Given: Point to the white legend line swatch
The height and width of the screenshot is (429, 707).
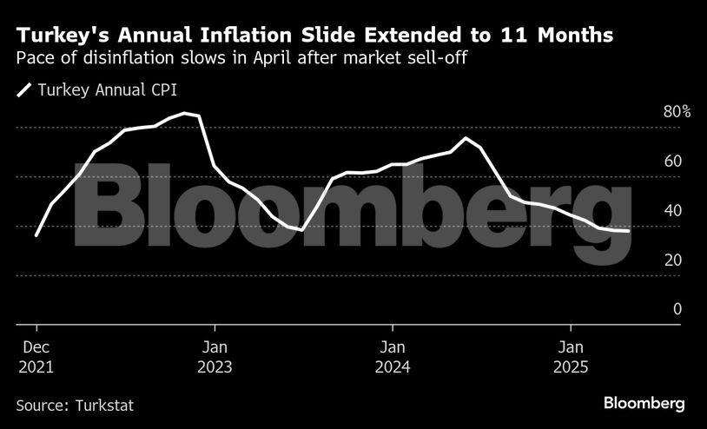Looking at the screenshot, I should tap(24, 89).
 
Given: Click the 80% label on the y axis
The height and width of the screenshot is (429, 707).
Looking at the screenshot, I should tap(677, 112).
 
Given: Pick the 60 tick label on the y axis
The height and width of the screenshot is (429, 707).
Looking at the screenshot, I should tap(672, 162).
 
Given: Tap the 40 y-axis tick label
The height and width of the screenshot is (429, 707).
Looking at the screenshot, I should tap(672, 211).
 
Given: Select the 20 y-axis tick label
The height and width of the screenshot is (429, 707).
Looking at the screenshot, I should tap(672, 261).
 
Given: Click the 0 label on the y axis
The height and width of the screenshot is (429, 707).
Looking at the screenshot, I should tap(677, 309).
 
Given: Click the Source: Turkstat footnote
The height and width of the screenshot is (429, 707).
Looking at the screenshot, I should tap(75, 405).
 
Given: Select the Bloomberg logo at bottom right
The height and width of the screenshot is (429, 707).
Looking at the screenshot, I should tap(644, 404).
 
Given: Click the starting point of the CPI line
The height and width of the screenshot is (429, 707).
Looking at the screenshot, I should tap(36, 235).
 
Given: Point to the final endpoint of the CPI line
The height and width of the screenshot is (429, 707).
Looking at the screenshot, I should tap(629, 231).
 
